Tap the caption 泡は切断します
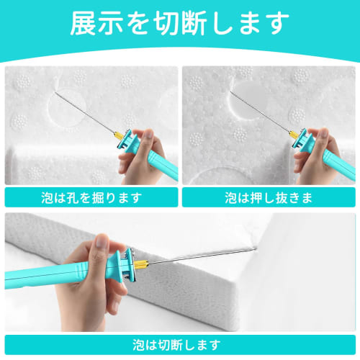pyautogui.click(x=179, y=344)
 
